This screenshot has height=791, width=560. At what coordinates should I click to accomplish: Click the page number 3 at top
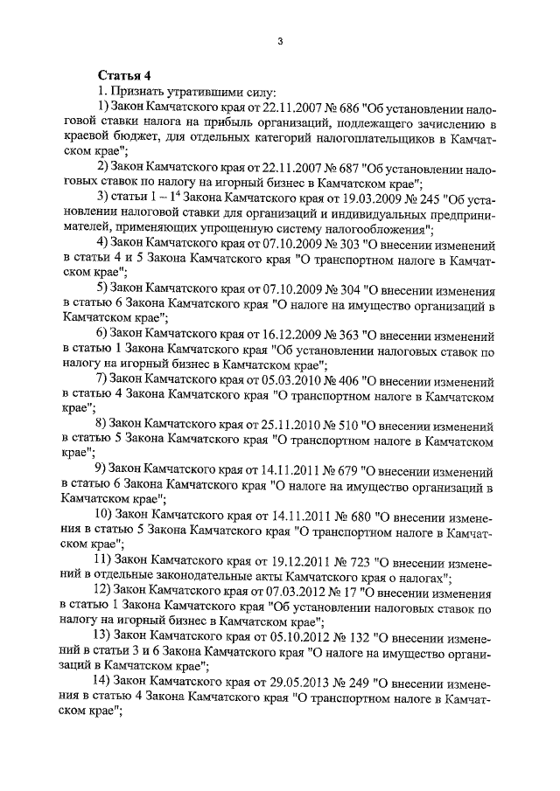click(278, 40)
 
